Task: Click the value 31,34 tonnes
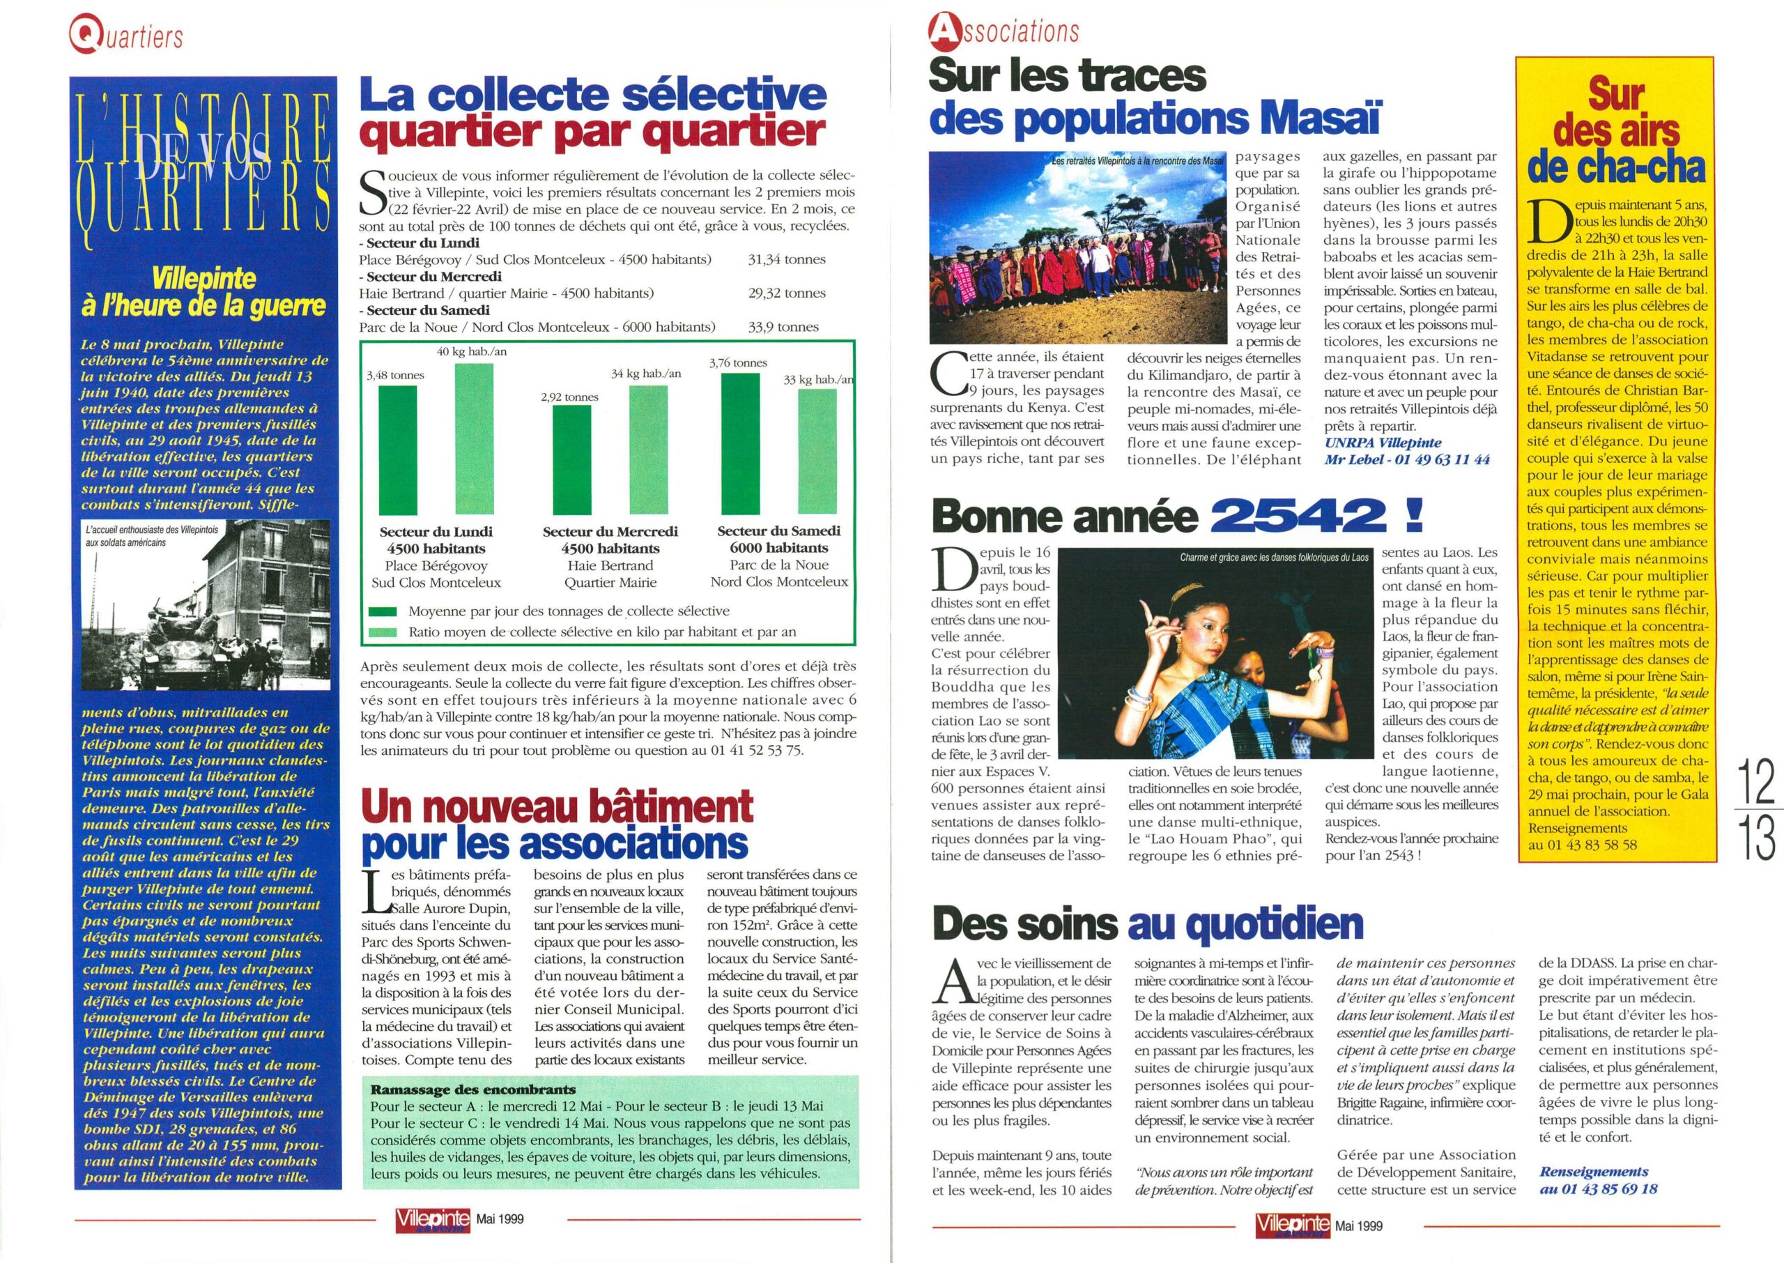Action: (786, 260)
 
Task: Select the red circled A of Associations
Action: (942, 31)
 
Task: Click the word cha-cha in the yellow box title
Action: (1617, 169)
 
